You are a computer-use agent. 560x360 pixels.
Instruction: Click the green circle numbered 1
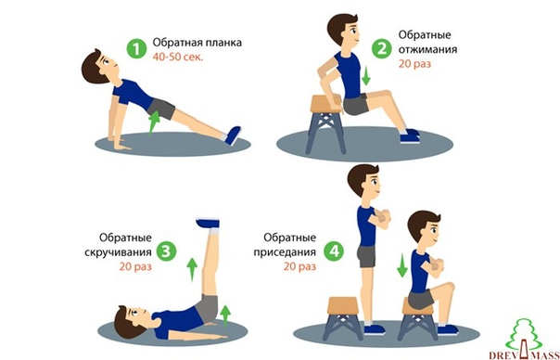(x=137, y=48)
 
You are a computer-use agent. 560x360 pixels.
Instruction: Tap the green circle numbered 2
(x=382, y=48)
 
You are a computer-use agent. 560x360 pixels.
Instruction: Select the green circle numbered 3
(x=167, y=251)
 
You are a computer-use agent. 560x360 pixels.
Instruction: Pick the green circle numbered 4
(x=334, y=251)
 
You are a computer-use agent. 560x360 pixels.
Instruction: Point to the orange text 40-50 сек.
(x=178, y=57)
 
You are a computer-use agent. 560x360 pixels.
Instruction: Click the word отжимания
(x=427, y=49)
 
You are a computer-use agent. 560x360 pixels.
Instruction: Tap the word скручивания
(x=119, y=252)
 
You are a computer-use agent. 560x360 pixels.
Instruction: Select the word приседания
(x=285, y=252)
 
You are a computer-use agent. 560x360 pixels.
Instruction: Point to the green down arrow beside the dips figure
(x=365, y=75)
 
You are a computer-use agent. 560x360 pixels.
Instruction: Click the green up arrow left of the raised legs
(x=192, y=269)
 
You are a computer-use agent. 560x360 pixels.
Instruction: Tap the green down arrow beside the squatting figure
(x=401, y=265)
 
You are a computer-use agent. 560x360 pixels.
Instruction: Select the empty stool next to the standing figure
(x=342, y=318)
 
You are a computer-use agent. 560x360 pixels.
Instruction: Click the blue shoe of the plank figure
(x=233, y=135)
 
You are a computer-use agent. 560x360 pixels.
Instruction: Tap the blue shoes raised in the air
(x=208, y=223)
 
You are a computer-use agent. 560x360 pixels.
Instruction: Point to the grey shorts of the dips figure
(x=355, y=105)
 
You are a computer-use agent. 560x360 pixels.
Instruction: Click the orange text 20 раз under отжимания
(x=414, y=64)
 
